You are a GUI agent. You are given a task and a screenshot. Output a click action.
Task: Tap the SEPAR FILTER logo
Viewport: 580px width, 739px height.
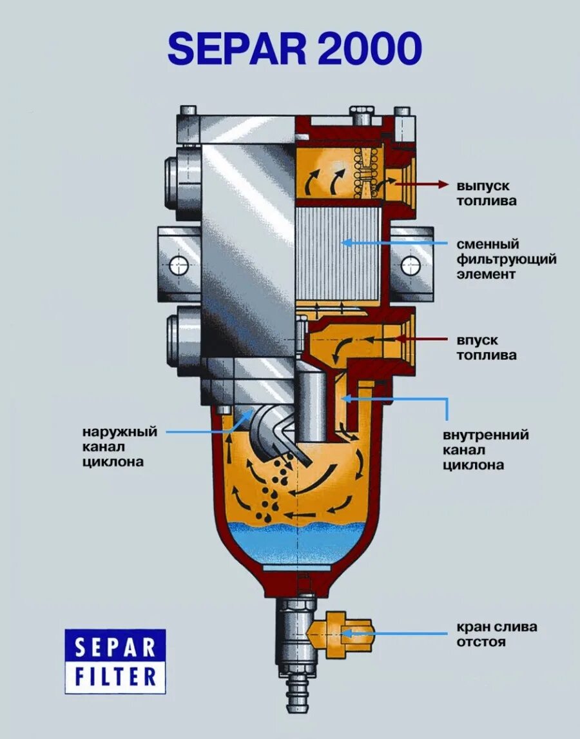(x=115, y=662)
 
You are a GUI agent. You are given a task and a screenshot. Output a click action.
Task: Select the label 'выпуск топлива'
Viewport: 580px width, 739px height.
(x=487, y=193)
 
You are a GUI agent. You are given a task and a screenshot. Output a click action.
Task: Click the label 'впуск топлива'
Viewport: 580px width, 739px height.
(x=487, y=348)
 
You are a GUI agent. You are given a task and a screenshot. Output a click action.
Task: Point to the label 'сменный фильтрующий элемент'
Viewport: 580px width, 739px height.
(x=507, y=259)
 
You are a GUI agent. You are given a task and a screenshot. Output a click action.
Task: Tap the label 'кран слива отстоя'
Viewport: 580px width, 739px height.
(x=497, y=634)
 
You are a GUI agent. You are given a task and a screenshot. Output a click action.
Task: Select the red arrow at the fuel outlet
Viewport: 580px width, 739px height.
(x=422, y=184)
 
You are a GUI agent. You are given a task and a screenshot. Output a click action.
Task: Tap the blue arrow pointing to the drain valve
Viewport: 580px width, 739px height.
(x=393, y=634)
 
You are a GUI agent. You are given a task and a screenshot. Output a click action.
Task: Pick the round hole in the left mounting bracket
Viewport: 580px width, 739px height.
(x=178, y=264)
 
